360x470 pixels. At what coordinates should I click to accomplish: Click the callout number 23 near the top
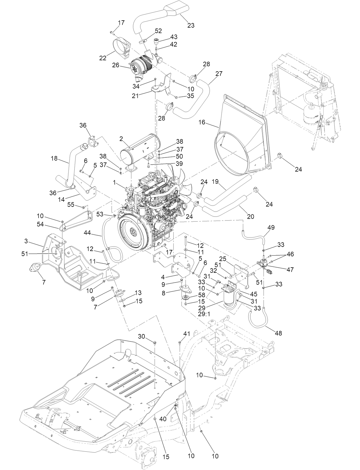pyautogui.click(x=191, y=25)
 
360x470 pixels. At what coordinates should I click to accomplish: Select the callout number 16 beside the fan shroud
pyautogui.click(x=202, y=123)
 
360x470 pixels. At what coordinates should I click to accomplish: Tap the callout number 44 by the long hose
pyautogui.click(x=87, y=233)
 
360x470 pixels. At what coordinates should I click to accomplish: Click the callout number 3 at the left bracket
pyautogui.click(x=26, y=241)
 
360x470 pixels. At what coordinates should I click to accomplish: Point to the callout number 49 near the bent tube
pyautogui.click(x=271, y=228)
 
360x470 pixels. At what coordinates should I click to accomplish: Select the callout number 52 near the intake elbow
pyautogui.click(x=158, y=31)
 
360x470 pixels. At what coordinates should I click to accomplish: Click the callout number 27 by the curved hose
pyautogui.click(x=219, y=74)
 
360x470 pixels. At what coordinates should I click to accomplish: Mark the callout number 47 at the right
pyautogui.click(x=290, y=269)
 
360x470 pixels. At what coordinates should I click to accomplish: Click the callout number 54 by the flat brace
pyautogui.click(x=40, y=225)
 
